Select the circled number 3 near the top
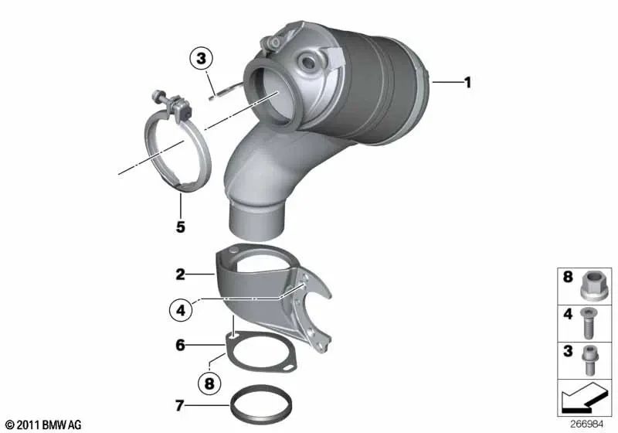200,57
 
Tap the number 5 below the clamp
180,228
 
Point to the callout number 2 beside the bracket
180,274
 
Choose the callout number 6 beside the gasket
180,346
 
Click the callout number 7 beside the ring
180,404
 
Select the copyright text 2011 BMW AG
44,424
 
